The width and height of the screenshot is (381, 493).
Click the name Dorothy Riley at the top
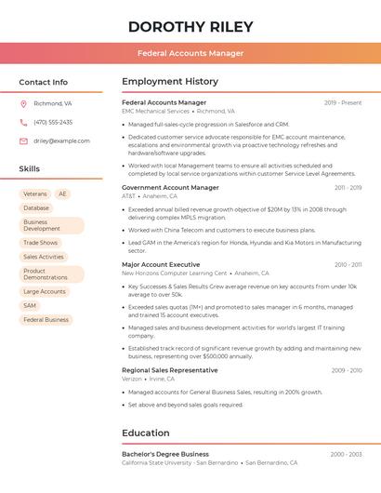[190, 26]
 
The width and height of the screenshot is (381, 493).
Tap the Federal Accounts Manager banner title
[190, 53]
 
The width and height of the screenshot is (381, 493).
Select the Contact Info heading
[43, 82]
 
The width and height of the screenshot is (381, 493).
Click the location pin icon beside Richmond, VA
[23, 103]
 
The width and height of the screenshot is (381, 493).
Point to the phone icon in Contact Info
[23, 122]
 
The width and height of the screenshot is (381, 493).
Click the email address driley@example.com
[61, 140]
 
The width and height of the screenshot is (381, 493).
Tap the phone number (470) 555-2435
[53, 122]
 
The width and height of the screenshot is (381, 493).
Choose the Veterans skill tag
[34, 194]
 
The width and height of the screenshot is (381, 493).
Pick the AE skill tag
[62, 194]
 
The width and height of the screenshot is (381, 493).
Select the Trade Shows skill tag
[40, 243]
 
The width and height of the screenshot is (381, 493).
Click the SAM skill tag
[30, 305]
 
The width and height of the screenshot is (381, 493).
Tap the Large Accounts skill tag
[45, 291]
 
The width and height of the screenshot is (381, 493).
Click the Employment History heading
[170, 82]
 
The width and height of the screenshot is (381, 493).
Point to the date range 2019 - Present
[342, 102]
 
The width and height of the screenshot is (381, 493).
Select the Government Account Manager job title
[170, 187]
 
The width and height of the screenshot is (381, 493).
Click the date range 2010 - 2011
[347, 264]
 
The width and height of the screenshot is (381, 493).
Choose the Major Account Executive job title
[161, 264]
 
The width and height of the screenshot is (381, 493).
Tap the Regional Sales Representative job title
[169, 370]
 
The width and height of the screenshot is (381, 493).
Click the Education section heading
[145, 433]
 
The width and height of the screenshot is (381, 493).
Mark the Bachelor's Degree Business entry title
[165, 454]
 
